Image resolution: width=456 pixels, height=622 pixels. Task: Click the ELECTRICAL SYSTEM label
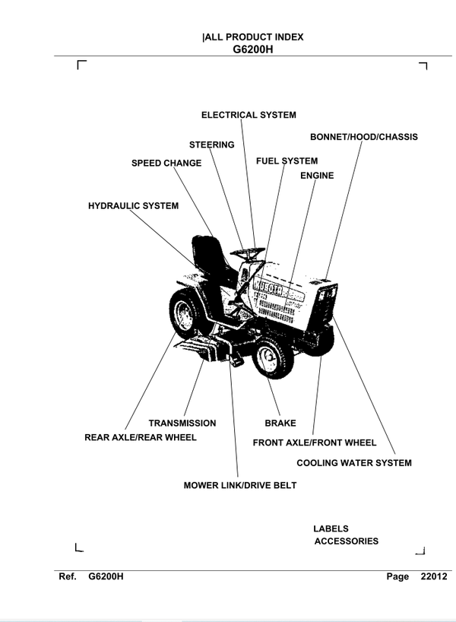pyautogui.click(x=249, y=115)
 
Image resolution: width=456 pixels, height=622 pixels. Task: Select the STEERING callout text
pyautogui.click(x=211, y=144)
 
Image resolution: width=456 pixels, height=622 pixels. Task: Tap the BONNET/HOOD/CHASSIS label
pyautogui.click(x=363, y=137)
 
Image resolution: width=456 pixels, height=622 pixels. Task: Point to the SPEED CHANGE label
pyautogui.click(x=166, y=163)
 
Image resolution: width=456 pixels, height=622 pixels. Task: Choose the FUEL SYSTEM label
pyautogui.click(x=287, y=161)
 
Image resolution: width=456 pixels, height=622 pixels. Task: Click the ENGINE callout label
pyautogui.click(x=317, y=176)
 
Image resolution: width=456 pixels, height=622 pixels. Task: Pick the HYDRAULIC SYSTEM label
pyautogui.click(x=133, y=205)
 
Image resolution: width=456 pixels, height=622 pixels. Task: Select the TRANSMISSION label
pyautogui.click(x=182, y=423)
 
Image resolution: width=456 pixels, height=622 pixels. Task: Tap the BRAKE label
pyautogui.click(x=280, y=423)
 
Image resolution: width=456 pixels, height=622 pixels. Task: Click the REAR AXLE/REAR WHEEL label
pyautogui.click(x=140, y=437)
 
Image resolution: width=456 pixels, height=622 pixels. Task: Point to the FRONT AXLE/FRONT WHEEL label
pyautogui.click(x=314, y=443)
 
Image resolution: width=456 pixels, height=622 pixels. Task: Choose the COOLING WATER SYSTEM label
pyautogui.click(x=353, y=462)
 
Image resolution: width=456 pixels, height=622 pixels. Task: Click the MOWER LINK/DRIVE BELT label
pyautogui.click(x=239, y=484)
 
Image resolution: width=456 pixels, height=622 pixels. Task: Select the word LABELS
pyautogui.click(x=331, y=528)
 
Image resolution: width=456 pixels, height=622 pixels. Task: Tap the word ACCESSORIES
pyautogui.click(x=346, y=541)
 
